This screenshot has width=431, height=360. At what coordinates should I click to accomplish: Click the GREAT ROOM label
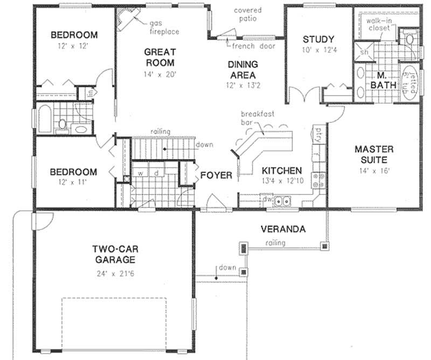point(160,57)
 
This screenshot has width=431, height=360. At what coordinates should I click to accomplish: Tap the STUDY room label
point(319,39)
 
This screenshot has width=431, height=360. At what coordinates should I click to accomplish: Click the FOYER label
point(216,176)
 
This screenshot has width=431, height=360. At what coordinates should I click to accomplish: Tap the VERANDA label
point(283,229)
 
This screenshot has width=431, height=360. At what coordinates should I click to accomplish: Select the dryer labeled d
point(156,173)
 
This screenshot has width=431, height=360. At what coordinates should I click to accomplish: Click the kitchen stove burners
point(318,180)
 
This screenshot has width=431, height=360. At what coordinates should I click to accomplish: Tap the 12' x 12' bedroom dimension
point(74,47)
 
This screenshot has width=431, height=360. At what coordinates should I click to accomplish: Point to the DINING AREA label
point(241,70)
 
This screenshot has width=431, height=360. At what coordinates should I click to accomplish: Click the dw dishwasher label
point(267,199)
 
